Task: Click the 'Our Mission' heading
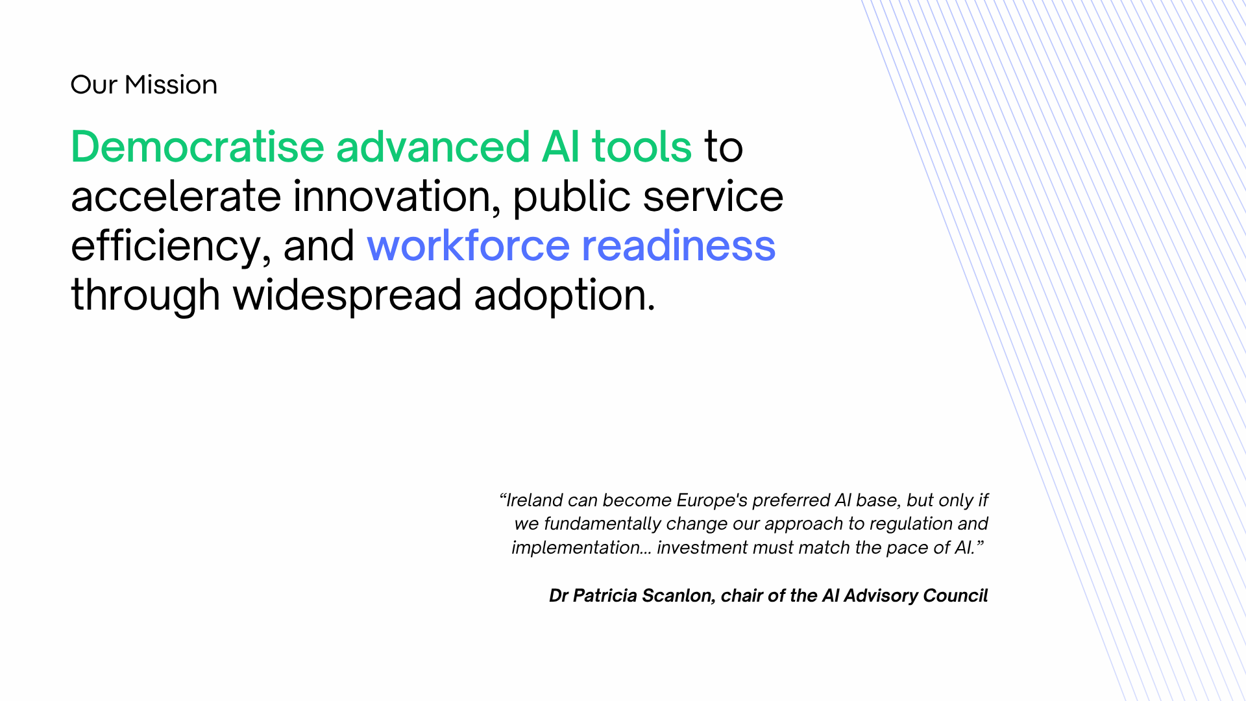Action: coord(144,85)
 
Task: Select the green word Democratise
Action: coord(197,146)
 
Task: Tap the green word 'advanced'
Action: coord(433,146)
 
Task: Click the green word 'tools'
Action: coord(642,146)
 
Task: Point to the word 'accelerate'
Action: coord(176,196)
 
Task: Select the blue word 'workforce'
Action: coord(469,245)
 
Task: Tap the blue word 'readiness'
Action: coord(679,245)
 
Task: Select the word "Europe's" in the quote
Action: coord(712,500)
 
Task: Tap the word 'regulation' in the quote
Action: coord(911,524)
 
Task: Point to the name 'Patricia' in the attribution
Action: coord(605,596)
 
